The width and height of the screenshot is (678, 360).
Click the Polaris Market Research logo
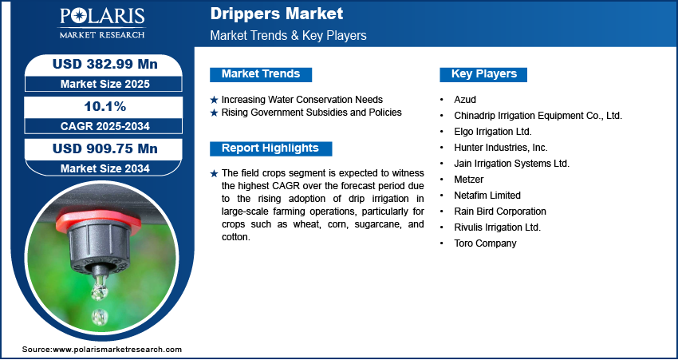click(x=102, y=22)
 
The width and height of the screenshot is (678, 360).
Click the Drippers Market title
click(x=277, y=14)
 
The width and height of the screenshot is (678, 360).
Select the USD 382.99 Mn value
click(x=105, y=64)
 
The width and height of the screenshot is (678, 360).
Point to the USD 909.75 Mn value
click(x=105, y=148)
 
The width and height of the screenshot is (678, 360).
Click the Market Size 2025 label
click(x=105, y=84)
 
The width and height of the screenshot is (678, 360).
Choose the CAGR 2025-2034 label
click(x=105, y=126)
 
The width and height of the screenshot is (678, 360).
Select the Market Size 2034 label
click(x=105, y=168)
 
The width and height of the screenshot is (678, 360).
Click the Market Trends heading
click(x=261, y=74)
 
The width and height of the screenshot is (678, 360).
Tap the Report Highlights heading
click(x=270, y=148)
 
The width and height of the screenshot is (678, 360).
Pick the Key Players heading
click(x=484, y=74)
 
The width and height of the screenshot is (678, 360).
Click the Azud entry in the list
click(x=465, y=100)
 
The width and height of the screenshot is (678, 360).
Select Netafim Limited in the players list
click(x=487, y=196)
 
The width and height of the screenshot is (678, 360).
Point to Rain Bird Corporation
click(x=500, y=212)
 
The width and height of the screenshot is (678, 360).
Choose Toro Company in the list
click(x=485, y=243)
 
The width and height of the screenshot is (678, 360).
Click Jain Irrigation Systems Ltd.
click(x=511, y=164)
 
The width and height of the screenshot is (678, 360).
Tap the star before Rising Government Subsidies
click(x=214, y=113)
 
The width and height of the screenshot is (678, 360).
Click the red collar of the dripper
click(x=99, y=220)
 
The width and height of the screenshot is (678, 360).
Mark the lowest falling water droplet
click(x=100, y=317)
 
